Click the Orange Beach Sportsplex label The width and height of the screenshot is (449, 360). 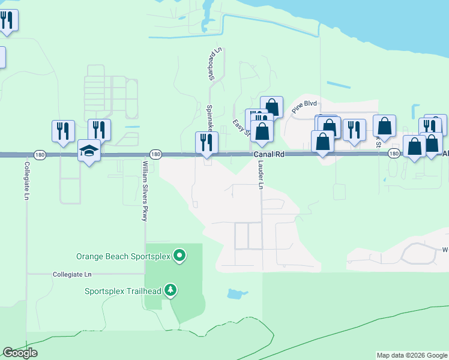pyautogui.click(x=124, y=256)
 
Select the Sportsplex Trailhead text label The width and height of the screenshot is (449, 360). pyautogui.click(x=122, y=291)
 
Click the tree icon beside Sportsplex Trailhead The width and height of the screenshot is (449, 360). pyautogui.click(x=171, y=290)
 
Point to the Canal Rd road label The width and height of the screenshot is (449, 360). pyautogui.click(x=268, y=154)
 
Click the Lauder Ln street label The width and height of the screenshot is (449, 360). pyautogui.click(x=261, y=175)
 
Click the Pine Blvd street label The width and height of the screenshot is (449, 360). pyautogui.click(x=304, y=107)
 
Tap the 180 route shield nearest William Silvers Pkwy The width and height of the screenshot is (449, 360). pyautogui.click(x=155, y=154)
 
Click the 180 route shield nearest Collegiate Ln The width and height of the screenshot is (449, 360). pyautogui.click(x=39, y=154)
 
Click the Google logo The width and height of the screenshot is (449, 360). pyautogui.click(x=20, y=353)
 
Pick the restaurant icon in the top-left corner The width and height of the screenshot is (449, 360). pyautogui.click(x=7, y=19)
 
